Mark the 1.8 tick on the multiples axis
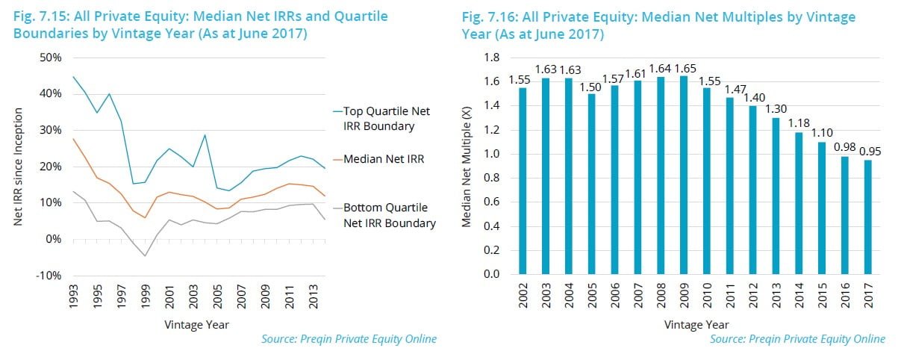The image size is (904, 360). [x=491, y=58]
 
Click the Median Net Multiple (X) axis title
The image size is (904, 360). [x=467, y=166]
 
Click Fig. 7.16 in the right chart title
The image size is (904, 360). [x=487, y=16]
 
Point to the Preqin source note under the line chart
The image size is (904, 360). [x=349, y=339]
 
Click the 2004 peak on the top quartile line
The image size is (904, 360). [x=203, y=135]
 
